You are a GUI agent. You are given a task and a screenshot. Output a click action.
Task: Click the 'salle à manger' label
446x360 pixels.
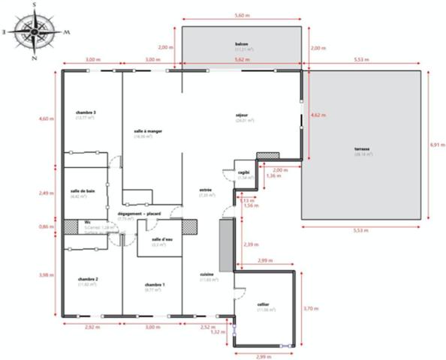(149, 131)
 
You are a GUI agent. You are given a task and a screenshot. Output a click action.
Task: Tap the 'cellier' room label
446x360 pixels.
(264, 304)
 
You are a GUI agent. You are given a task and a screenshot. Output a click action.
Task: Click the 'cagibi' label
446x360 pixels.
(244, 172)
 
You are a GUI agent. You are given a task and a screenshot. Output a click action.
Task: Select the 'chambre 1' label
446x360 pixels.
(155, 285)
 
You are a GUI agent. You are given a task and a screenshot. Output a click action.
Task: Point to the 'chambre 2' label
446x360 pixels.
(89, 279)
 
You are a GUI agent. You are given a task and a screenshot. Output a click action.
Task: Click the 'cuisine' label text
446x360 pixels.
(208, 274)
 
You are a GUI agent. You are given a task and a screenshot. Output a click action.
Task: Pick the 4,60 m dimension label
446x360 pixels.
(47, 118)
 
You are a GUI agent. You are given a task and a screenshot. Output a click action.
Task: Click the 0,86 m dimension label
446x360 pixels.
(47, 226)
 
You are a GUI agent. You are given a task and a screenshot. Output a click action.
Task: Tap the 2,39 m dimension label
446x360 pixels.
(250, 244)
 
